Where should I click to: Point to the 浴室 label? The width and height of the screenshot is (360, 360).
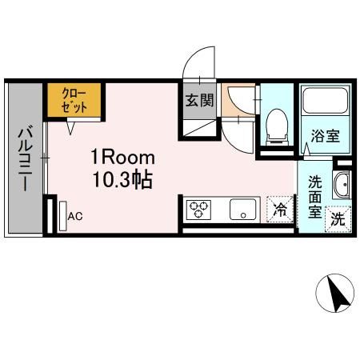click(x=326, y=135)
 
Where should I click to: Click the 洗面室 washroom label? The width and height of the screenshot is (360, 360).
click(x=315, y=195)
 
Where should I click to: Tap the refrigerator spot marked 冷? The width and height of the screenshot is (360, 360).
click(x=280, y=210)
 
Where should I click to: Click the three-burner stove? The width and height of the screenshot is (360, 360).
click(x=198, y=210)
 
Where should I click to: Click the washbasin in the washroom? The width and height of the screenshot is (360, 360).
click(x=341, y=184)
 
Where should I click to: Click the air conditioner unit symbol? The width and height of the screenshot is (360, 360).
click(x=61, y=216)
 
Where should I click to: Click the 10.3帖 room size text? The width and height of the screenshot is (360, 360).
click(x=121, y=179)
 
